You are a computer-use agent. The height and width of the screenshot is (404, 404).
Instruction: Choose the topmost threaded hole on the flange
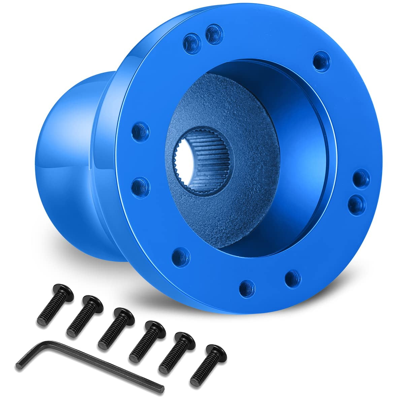coord(212,32)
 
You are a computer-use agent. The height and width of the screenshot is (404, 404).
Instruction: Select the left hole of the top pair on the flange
coord(192,43)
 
